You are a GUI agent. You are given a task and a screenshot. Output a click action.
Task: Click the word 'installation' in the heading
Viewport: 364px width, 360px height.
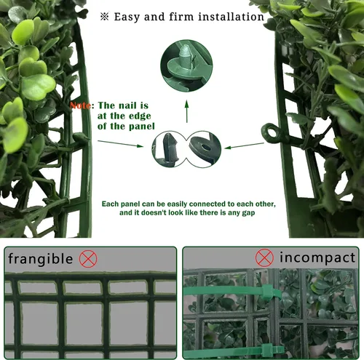click(x=231, y=17)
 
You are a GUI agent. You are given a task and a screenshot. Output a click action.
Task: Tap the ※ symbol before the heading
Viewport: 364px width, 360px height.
click(x=105, y=17)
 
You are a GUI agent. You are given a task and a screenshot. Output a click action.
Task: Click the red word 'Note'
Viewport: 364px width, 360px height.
click(x=80, y=105)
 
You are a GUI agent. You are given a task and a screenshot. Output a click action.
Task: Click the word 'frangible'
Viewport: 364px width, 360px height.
click(x=40, y=259)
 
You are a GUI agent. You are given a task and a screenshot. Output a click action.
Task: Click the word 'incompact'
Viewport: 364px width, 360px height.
click(x=317, y=257)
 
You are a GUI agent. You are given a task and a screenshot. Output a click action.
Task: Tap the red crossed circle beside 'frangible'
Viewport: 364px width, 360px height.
click(x=88, y=259)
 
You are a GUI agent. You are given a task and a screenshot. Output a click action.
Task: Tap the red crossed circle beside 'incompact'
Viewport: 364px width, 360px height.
click(x=264, y=257)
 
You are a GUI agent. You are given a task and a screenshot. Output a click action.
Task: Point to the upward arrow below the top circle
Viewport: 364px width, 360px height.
click(x=186, y=111)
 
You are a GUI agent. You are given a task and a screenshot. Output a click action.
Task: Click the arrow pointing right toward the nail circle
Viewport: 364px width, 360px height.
click(x=120, y=143)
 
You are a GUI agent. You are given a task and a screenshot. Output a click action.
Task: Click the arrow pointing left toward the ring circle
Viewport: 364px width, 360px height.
click(x=244, y=145)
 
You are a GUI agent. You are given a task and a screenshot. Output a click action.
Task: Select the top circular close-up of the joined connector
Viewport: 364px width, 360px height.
click(x=186, y=65)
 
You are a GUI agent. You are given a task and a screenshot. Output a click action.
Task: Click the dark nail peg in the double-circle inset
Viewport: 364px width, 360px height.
click(x=170, y=148)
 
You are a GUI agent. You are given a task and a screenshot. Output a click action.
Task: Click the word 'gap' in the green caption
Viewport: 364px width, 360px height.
click(x=248, y=213)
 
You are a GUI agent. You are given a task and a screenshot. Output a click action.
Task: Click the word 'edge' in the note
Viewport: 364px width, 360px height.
click(x=140, y=116)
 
